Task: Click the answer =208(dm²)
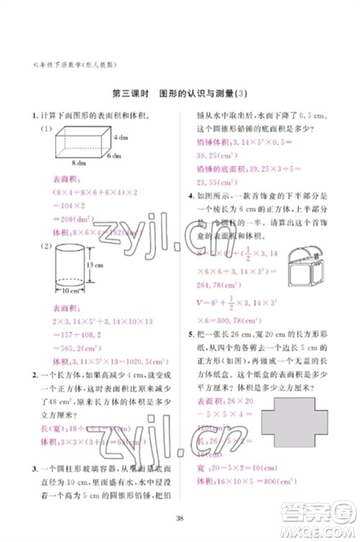click(x=58, y=217)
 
